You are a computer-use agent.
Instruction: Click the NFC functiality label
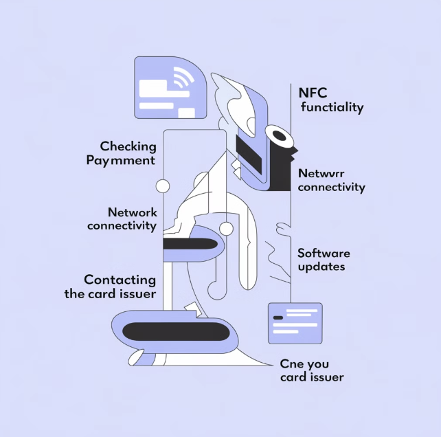pyautogui.click(x=331, y=100)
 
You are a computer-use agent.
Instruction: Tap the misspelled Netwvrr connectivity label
pyautogui.click(x=332, y=180)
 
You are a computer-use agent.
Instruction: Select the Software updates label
pyautogui.click(x=324, y=260)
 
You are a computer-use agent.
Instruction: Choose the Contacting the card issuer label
pyautogui.click(x=120, y=287)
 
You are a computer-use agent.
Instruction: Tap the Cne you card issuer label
pyautogui.click(x=311, y=370)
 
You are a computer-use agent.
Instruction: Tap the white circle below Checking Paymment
pyautogui.click(x=163, y=186)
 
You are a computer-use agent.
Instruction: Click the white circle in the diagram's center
pyautogui.click(x=226, y=228)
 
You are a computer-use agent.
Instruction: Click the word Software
pyautogui.click(x=324, y=253)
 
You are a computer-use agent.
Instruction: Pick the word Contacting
pyautogui.click(x=120, y=280)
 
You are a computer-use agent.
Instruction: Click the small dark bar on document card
pyautogui.click(x=278, y=317)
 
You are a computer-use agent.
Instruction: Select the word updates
pyautogui.click(x=321, y=267)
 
